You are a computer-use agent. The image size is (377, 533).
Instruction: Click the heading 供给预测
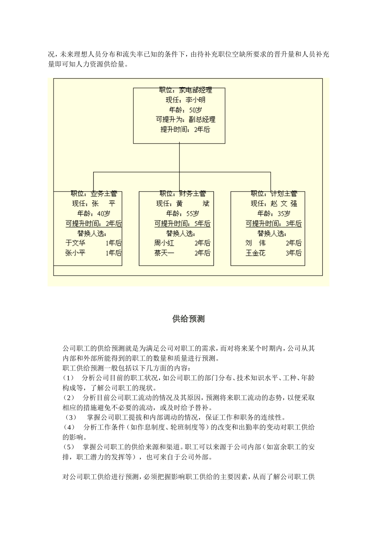(188, 319)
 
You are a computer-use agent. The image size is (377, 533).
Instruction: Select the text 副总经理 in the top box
(202, 119)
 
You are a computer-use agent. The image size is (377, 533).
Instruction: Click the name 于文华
(75, 243)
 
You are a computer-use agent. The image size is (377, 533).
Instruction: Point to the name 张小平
(75, 253)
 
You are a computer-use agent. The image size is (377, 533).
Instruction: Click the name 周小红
(164, 243)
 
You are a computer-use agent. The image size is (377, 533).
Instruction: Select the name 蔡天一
(164, 253)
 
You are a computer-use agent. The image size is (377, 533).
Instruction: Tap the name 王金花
(256, 253)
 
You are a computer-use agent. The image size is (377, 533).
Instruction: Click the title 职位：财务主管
(183, 194)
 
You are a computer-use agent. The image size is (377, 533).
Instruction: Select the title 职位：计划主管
(274, 194)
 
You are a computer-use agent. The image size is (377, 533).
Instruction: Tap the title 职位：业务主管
(94, 194)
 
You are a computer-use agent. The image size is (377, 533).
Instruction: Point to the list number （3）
(71, 418)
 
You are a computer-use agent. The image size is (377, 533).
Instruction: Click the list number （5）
(69, 447)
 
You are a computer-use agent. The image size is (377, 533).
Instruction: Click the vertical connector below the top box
(179, 158)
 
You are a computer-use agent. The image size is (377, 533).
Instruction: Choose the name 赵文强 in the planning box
(284, 204)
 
